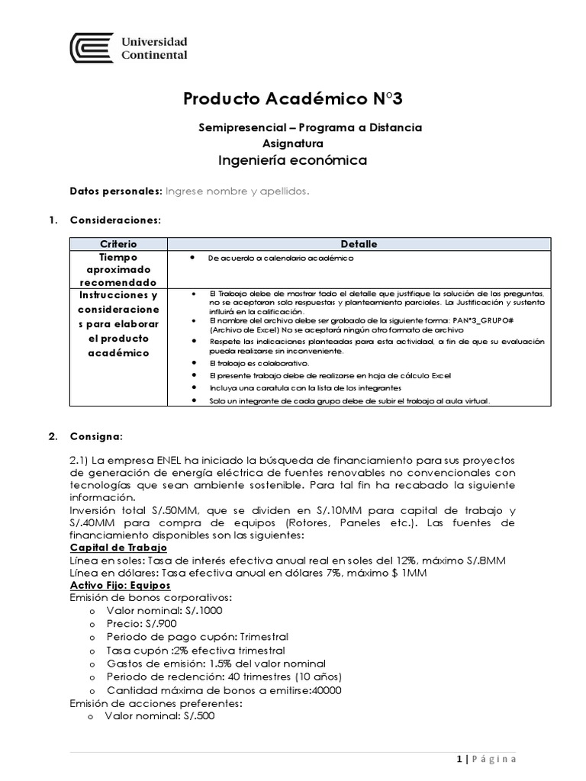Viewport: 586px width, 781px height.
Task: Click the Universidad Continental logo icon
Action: coord(92,47)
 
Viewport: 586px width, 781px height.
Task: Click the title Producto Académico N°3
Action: coord(294,98)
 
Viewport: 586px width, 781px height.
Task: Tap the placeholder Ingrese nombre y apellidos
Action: coord(238,191)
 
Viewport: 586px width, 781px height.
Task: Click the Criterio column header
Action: coord(118,244)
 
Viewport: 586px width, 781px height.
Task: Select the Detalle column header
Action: coord(359,244)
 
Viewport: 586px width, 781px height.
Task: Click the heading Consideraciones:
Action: coord(115,220)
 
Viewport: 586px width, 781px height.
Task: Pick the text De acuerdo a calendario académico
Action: coord(281,259)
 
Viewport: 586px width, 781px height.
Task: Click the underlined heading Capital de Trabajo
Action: coord(118,548)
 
